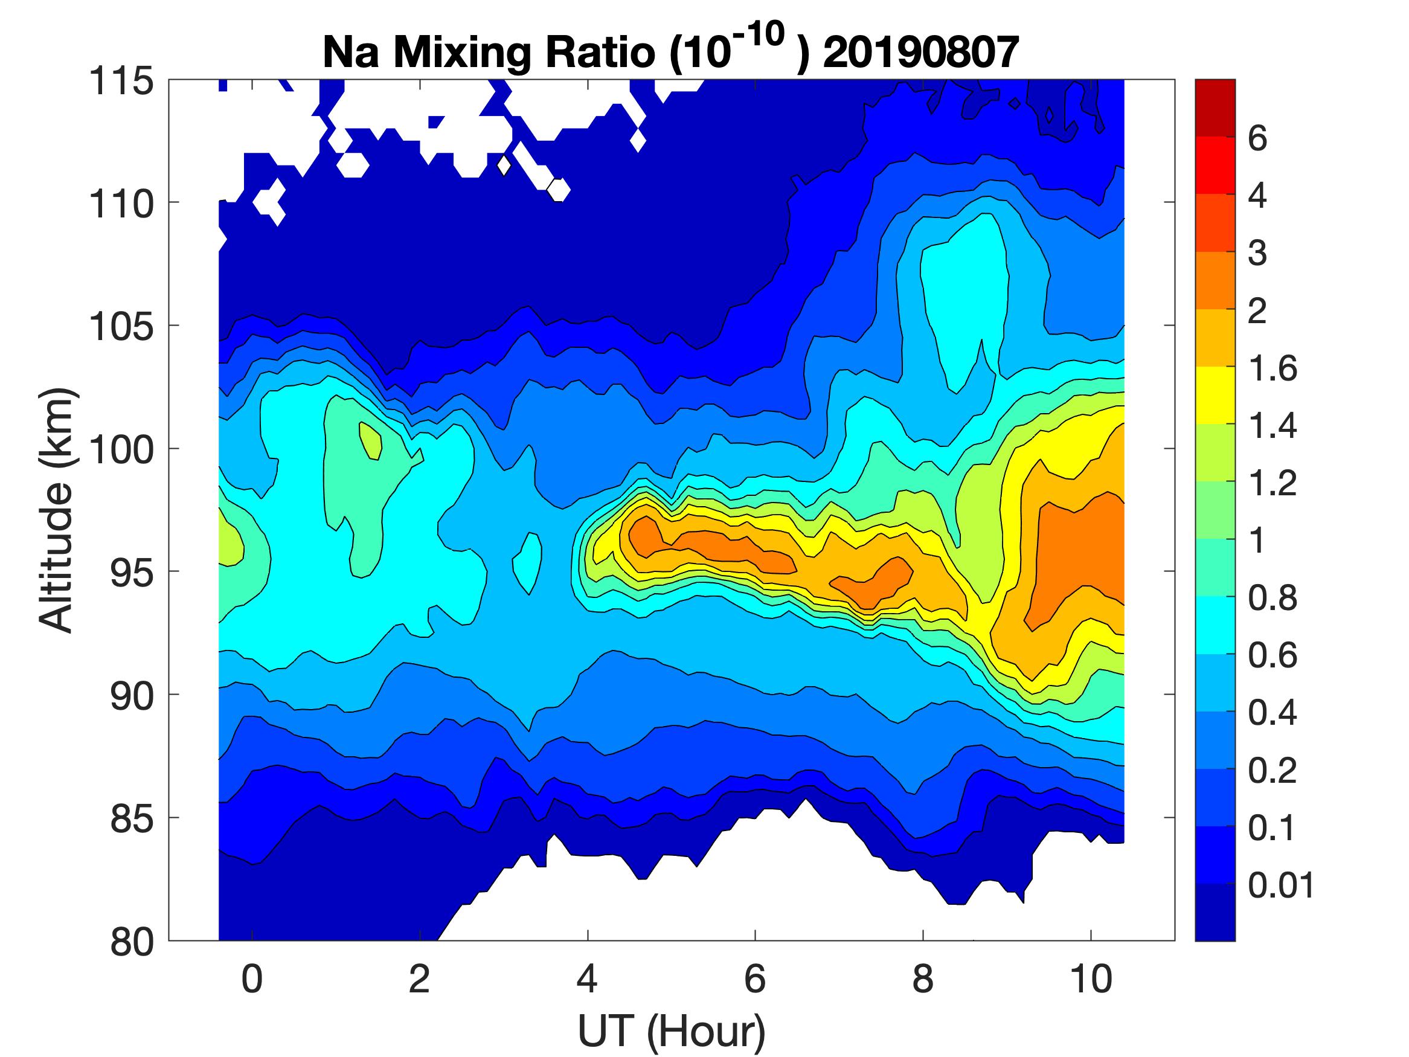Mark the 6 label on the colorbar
click(1257, 138)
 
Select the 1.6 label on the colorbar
click(1272, 368)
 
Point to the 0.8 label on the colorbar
click(1272, 599)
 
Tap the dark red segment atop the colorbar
click(1215, 108)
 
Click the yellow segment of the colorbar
click(1215, 395)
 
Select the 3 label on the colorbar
click(1257, 253)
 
